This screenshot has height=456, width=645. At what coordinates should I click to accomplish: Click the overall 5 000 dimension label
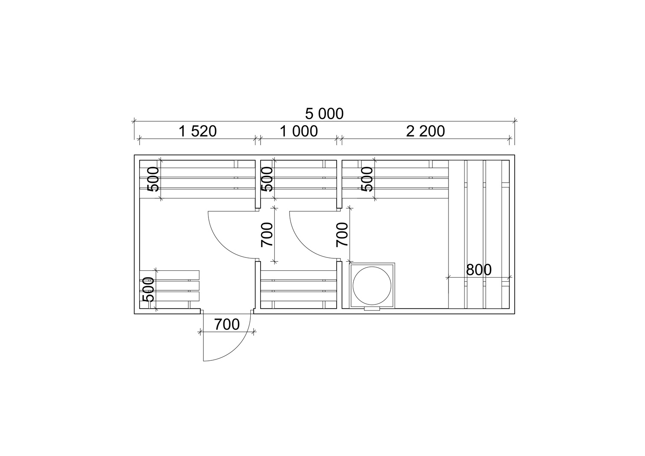point(324,114)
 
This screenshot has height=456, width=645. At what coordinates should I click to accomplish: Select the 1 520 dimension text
point(197,131)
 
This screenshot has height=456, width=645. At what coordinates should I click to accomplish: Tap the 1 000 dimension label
point(299,131)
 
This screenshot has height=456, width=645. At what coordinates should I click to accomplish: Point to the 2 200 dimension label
point(425,131)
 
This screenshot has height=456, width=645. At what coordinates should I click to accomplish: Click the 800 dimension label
point(478,270)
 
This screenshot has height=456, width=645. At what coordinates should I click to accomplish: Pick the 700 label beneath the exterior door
point(227,325)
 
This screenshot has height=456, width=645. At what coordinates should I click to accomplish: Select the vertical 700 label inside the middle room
point(267,235)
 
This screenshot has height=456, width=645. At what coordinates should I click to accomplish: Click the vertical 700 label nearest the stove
point(342,235)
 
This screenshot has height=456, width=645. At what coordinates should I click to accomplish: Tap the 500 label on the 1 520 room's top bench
point(153,179)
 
